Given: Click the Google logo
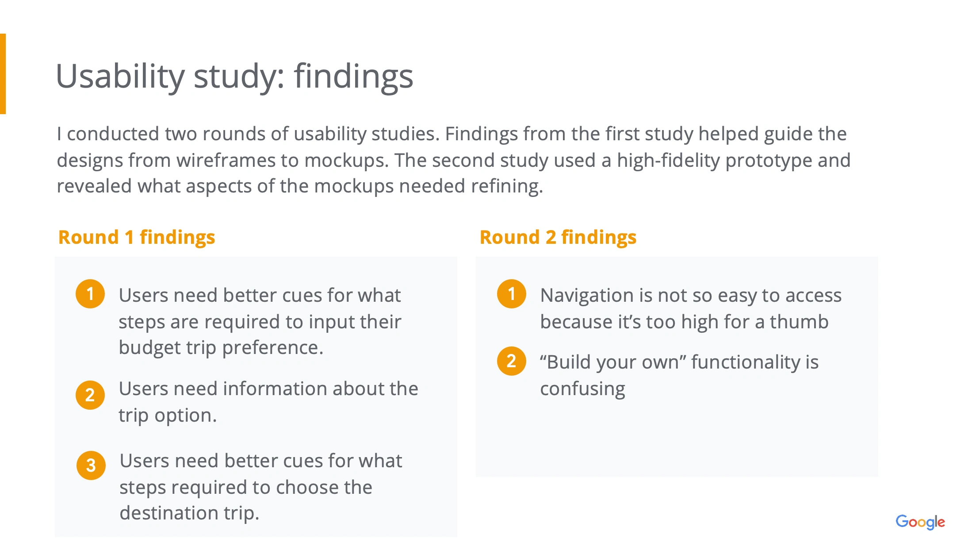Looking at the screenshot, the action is pos(920,522).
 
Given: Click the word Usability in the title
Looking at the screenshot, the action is pos(120,76).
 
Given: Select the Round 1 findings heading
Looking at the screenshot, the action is pos(137,238).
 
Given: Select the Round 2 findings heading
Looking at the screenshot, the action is pos(558,238).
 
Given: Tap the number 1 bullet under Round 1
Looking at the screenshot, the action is pos(90,294).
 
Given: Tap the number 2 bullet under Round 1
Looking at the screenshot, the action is pos(90,395).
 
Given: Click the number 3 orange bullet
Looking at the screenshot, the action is pos(91,465).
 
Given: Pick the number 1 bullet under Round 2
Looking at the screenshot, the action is pos(512,294).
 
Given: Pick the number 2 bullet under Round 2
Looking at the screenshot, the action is pos(512,361).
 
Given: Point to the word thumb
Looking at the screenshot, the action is pos(799,322).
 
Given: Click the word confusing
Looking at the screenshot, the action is pos(582,389).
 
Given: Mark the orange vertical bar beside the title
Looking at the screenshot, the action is pos(3,74).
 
